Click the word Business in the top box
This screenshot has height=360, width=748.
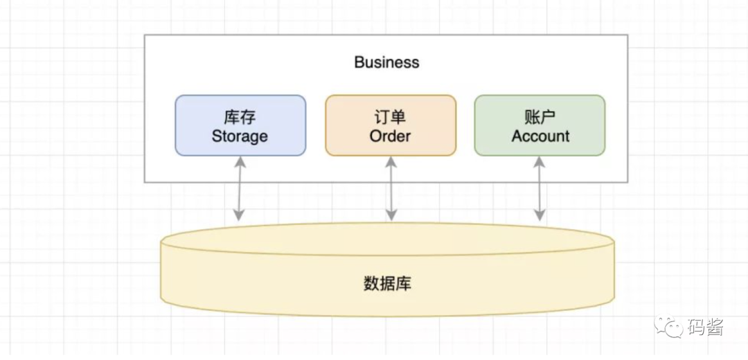(386, 62)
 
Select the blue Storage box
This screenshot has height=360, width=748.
(240, 125)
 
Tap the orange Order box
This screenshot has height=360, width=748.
(391, 125)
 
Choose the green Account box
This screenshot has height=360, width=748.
(540, 125)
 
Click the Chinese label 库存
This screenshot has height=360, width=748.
(240, 116)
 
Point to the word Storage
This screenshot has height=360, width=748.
(240, 136)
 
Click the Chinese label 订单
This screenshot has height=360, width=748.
(391, 116)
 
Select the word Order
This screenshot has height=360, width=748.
(391, 136)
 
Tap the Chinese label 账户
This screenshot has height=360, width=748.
(540, 116)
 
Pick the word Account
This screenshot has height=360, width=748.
(540, 136)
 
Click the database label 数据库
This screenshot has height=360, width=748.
(386, 284)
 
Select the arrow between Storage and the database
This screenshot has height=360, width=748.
(239, 188)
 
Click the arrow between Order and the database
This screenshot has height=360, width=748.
(391, 188)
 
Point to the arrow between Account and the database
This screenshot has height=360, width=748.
(540, 188)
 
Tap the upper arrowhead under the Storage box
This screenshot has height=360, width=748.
(239, 161)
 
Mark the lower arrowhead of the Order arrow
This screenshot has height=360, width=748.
(391, 216)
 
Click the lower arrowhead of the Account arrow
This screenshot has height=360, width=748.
(540, 216)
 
